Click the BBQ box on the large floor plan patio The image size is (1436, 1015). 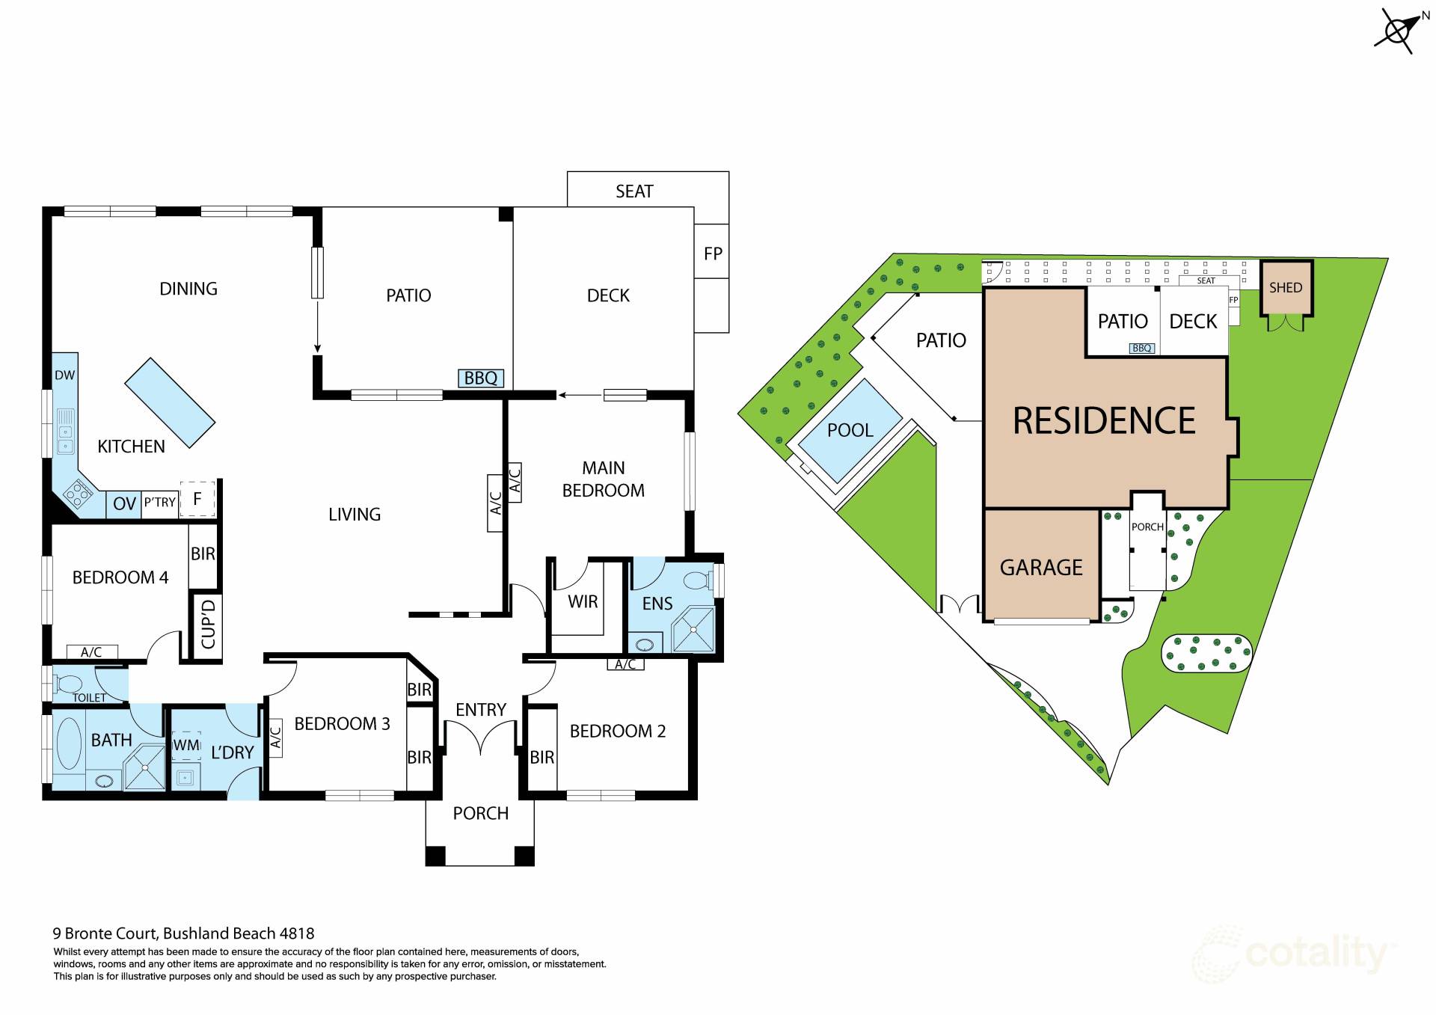click(x=480, y=378)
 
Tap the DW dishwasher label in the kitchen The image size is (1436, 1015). click(x=65, y=375)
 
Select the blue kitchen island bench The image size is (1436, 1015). click(x=170, y=402)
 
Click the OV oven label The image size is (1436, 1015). click(x=124, y=503)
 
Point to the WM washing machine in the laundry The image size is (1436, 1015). click(x=186, y=745)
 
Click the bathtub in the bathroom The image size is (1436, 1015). click(x=69, y=743)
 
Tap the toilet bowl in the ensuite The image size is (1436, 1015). click(x=698, y=580)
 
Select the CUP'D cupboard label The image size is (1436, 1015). click(x=208, y=625)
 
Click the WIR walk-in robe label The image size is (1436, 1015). click(x=583, y=602)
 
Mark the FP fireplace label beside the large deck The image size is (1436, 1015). click(x=713, y=254)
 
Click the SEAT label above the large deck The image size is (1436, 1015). click(x=634, y=191)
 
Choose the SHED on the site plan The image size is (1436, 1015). click(x=1286, y=288)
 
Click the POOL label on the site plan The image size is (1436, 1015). click(x=850, y=430)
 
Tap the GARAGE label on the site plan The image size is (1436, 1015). click(x=1041, y=568)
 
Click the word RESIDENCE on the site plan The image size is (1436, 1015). click(x=1104, y=420)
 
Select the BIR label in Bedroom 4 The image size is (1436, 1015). click(x=203, y=554)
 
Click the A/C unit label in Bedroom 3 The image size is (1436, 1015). click(x=275, y=738)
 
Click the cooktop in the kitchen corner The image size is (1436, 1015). click(x=79, y=494)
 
